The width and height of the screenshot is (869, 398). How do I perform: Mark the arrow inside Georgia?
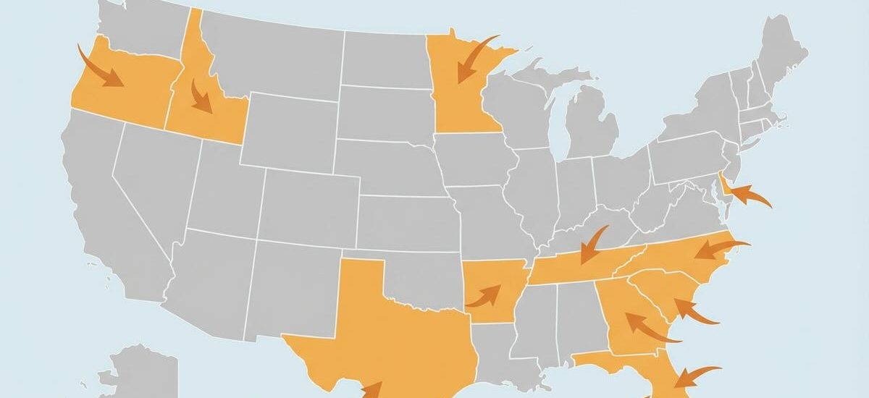(648, 327)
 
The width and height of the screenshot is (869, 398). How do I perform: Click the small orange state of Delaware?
(723, 190)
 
